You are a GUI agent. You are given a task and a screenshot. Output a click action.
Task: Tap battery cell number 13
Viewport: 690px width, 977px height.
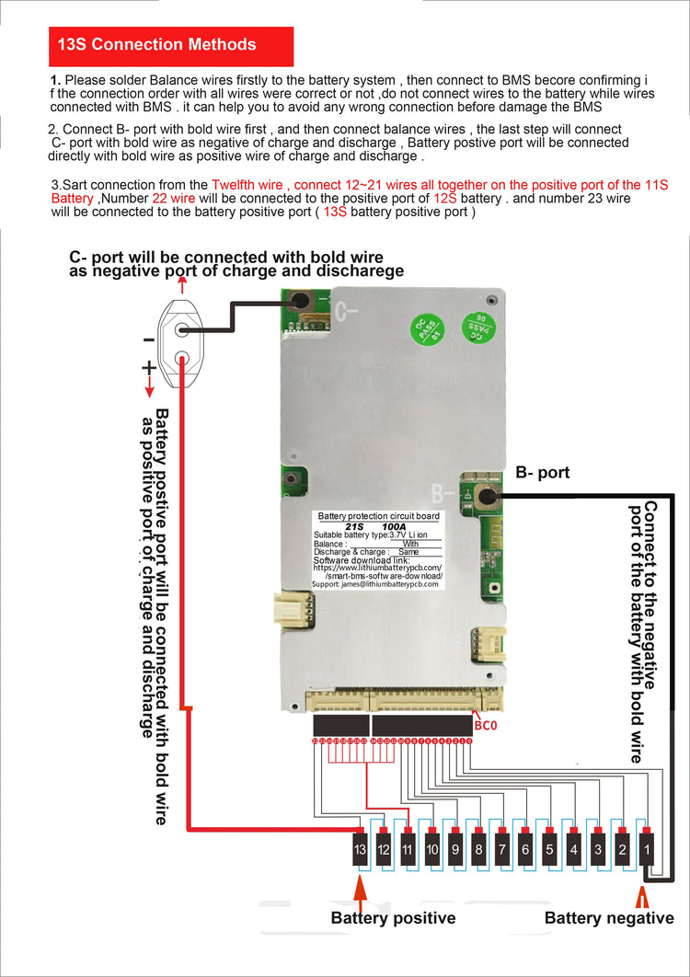point(361,849)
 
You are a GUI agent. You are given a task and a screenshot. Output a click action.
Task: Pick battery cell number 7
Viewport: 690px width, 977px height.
point(502,849)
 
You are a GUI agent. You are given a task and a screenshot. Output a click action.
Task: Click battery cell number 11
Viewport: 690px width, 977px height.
point(408,849)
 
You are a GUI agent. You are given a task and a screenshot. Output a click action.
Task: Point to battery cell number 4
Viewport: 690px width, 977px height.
point(574,849)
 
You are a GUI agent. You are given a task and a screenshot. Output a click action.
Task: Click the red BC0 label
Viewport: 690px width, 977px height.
point(485,727)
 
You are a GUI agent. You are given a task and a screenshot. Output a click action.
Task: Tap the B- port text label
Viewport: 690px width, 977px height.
point(543,473)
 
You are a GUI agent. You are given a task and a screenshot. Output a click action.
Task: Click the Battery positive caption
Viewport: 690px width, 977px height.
point(393,917)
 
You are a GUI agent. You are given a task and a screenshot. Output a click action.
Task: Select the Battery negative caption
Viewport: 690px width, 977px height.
point(609,917)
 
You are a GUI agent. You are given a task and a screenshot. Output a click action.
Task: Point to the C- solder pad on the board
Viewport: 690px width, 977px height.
point(300,302)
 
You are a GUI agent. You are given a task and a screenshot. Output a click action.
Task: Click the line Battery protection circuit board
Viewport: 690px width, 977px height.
point(378,516)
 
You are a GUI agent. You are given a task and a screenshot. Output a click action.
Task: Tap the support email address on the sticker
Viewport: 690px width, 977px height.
point(377,584)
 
